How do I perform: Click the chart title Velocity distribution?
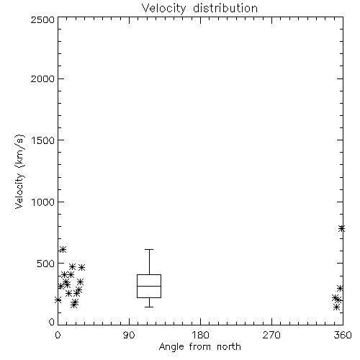coord(199,9)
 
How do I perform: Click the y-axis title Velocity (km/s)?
coord(19,171)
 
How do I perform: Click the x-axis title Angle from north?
coord(199,347)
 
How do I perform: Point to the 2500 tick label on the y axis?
coord(42,19)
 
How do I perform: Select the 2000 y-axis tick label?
coord(42,78)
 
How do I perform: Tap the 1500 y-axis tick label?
coord(42,140)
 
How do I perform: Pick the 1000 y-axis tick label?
coord(42,202)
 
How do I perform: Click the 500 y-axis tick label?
coord(45,264)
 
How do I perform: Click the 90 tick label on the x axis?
coord(129,335)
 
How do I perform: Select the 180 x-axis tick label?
coord(200,335)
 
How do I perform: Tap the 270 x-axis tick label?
coord(271,335)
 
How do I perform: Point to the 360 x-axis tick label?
coord(343,335)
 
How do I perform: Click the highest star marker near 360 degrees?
coord(342,228)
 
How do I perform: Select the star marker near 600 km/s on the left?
coord(63,250)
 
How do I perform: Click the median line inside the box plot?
coord(149,286)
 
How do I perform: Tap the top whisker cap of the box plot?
coord(149,250)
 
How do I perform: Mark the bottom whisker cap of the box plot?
coord(149,307)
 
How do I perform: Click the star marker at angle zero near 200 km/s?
coord(58,300)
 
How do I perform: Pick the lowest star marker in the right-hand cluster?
coord(336,307)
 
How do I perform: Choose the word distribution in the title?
coord(225,9)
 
